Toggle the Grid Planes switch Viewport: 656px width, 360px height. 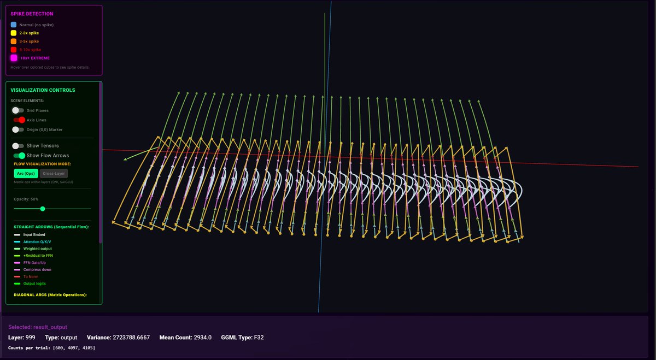19,110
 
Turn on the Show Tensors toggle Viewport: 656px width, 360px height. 19,146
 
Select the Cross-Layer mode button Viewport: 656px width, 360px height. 54,173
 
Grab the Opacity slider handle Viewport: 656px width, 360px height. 43,209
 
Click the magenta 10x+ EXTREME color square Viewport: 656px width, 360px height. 14,58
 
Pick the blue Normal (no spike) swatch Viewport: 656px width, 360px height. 14,25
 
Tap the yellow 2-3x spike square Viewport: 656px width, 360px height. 14,33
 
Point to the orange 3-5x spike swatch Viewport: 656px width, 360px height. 14,41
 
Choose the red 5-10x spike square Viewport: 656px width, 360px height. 14,50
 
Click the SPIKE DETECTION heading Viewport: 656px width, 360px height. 32,14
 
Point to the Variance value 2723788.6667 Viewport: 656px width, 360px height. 134,338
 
